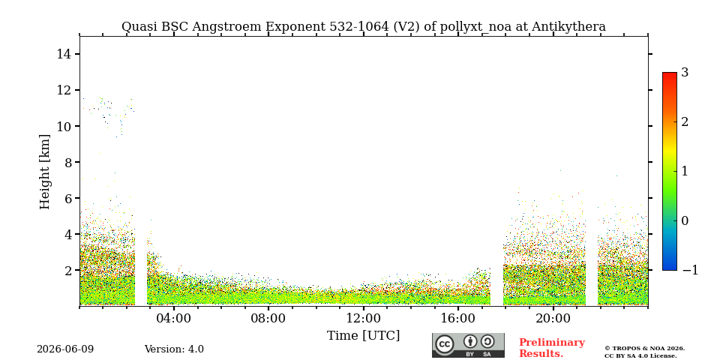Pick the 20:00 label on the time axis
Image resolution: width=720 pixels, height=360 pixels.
click(x=553, y=319)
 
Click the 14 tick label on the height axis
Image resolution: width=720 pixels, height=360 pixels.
click(x=64, y=54)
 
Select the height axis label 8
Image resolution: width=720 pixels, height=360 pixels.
click(x=68, y=162)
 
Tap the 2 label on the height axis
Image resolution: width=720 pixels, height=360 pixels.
click(x=68, y=271)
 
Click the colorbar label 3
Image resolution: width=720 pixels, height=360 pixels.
click(x=685, y=73)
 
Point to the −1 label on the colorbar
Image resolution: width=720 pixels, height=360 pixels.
click(x=690, y=271)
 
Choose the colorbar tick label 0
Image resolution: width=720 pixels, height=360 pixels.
click(x=685, y=220)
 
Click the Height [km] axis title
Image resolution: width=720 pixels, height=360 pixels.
click(x=44, y=172)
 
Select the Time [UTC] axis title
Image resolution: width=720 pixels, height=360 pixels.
click(x=363, y=336)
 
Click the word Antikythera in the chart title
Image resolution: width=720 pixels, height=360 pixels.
click(x=568, y=27)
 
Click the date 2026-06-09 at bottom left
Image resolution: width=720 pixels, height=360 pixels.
click(x=65, y=349)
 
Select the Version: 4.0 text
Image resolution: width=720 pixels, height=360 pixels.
click(x=174, y=349)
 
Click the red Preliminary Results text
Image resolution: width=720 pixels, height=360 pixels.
click(x=552, y=348)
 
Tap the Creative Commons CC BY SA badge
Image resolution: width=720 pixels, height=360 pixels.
click(x=468, y=345)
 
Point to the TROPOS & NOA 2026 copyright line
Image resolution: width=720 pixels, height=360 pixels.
click(x=644, y=349)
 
